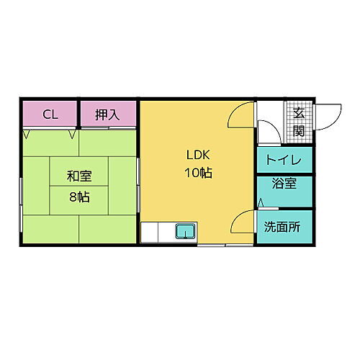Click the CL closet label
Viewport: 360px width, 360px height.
(x=50, y=114)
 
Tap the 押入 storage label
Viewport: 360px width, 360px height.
(x=107, y=114)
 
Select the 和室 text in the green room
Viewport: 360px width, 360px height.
(x=78, y=176)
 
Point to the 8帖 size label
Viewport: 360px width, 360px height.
(x=78, y=197)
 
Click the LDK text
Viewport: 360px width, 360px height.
(x=199, y=154)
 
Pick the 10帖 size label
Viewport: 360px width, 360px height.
(x=199, y=174)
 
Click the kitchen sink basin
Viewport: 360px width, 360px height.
(x=185, y=232)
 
